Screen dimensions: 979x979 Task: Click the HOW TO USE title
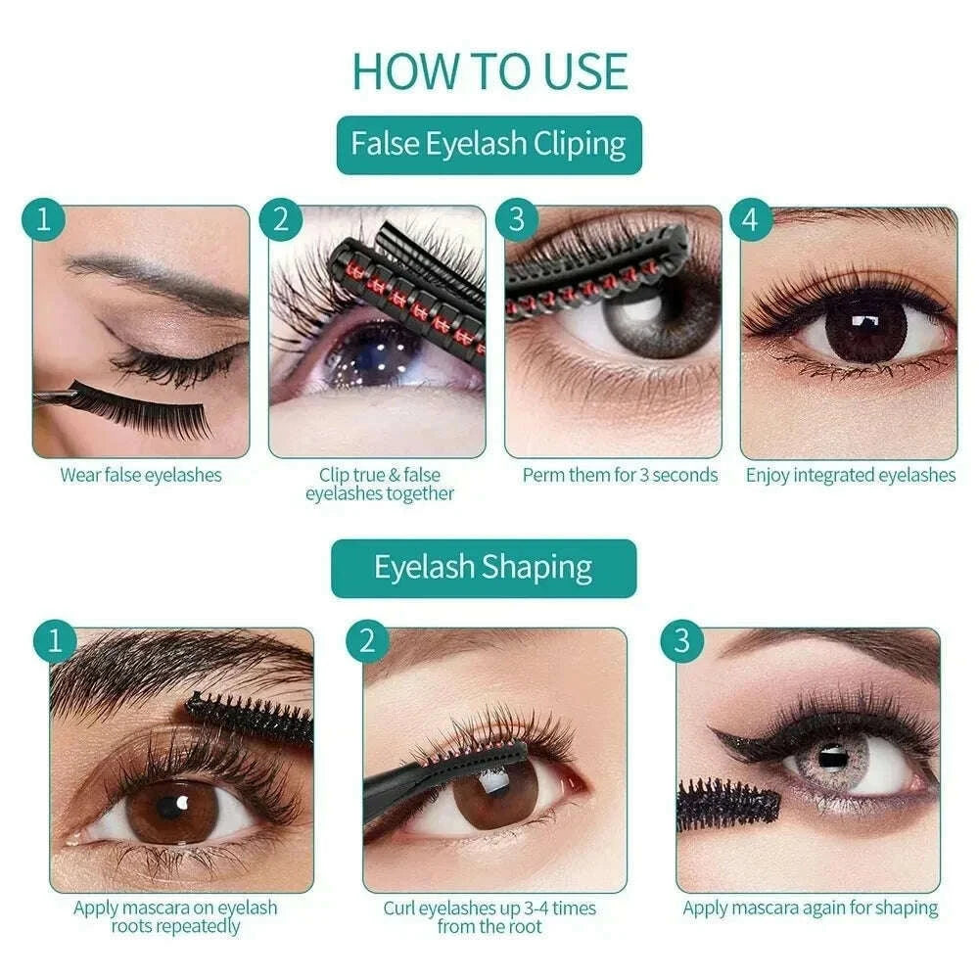[x=489, y=70]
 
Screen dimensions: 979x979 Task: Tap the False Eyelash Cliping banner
[x=489, y=145]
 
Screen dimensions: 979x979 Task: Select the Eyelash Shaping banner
[x=484, y=568]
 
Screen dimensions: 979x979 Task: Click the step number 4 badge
[x=750, y=220]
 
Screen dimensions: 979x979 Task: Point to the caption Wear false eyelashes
[x=141, y=476]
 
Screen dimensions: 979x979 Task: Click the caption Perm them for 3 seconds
[x=620, y=476]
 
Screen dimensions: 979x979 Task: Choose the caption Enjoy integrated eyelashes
[x=851, y=476]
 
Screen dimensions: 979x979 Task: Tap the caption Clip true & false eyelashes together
[x=379, y=485]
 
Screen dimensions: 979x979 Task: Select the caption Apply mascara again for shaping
[x=810, y=908]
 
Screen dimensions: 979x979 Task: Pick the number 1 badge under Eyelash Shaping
[x=55, y=641]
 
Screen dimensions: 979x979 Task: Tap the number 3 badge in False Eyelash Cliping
[x=517, y=220]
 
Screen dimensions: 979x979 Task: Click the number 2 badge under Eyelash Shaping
[x=367, y=641]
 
